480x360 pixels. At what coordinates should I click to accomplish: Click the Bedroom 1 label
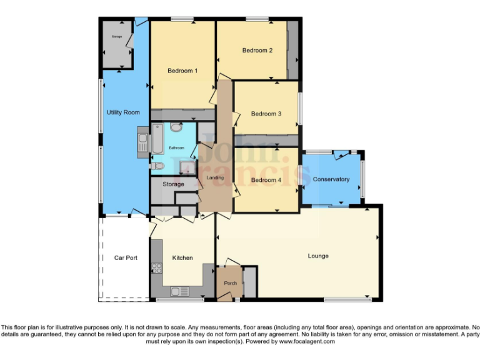(x=182, y=71)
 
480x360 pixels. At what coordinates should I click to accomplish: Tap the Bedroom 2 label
(x=257, y=51)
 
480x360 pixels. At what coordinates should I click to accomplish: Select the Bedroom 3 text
(x=266, y=114)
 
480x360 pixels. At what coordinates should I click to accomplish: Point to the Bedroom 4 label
(x=266, y=180)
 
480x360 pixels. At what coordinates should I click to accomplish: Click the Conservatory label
(x=331, y=179)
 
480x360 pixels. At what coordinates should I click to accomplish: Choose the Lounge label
(x=318, y=256)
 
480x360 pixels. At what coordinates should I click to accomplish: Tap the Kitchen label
(x=182, y=257)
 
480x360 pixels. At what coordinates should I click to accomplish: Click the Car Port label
(x=126, y=257)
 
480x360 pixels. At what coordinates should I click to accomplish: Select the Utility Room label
(x=123, y=112)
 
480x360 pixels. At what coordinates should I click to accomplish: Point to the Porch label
(x=229, y=283)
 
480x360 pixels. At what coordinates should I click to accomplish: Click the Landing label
(x=215, y=178)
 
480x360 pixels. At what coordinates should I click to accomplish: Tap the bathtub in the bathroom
(x=158, y=139)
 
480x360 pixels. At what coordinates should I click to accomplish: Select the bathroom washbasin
(x=176, y=127)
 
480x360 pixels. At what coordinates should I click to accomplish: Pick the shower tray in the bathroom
(x=186, y=166)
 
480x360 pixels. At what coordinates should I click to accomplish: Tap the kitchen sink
(x=179, y=291)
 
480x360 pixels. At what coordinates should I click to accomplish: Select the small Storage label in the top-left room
(x=116, y=37)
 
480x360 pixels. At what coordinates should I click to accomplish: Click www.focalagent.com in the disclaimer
(x=307, y=342)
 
